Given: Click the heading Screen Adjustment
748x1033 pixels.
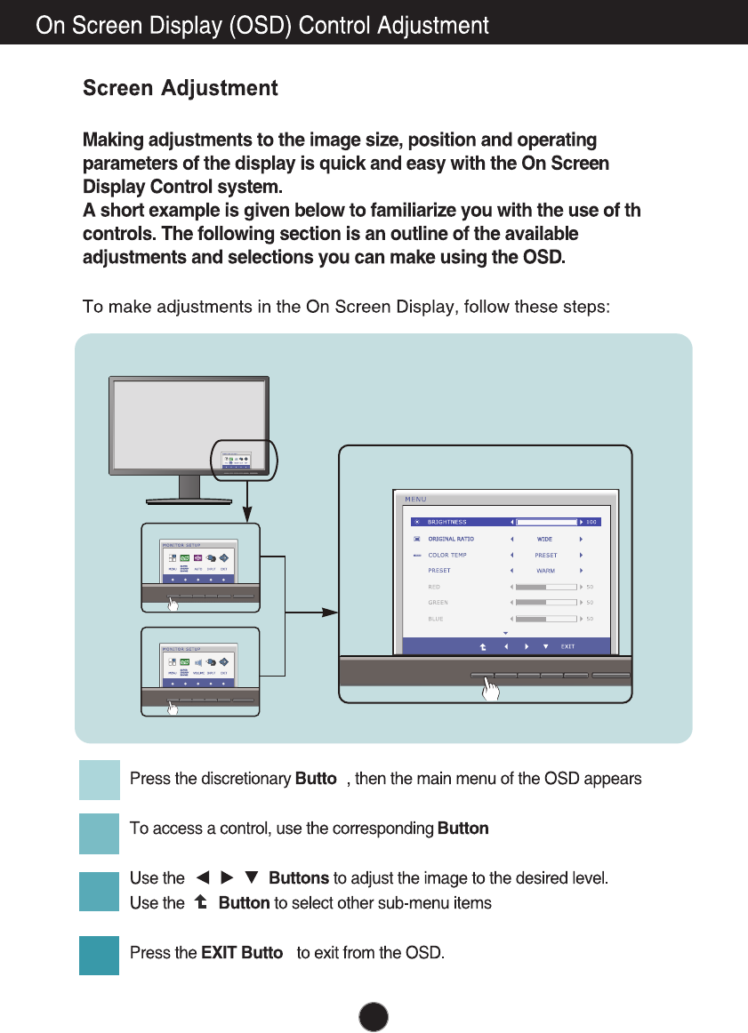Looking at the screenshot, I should click(180, 89).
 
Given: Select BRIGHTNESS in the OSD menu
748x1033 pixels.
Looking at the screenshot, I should click(446, 522).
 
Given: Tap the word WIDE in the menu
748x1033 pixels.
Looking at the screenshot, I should click(544, 539).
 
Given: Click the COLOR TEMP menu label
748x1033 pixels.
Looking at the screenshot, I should click(446, 555).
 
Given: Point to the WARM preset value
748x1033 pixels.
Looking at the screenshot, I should click(545, 571).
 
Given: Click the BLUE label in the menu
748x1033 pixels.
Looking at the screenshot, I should click(437, 619).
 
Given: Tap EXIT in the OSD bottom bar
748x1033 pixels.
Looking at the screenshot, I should click(567, 646).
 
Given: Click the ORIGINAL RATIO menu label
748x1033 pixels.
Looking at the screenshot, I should click(451, 539).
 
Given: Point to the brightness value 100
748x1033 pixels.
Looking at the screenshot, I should click(591, 522).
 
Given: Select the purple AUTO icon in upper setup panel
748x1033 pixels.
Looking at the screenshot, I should click(197, 559).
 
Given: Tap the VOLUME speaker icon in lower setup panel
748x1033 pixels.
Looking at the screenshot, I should click(198, 663).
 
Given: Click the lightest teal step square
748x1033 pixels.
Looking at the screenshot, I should click(99, 780).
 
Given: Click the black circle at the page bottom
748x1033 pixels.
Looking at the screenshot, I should click(374, 1017).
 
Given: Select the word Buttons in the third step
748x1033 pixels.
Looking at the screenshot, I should click(299, 878).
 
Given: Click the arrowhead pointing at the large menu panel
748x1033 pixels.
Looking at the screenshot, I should click(330, 612).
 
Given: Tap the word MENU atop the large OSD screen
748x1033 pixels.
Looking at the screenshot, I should click(415, 499).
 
